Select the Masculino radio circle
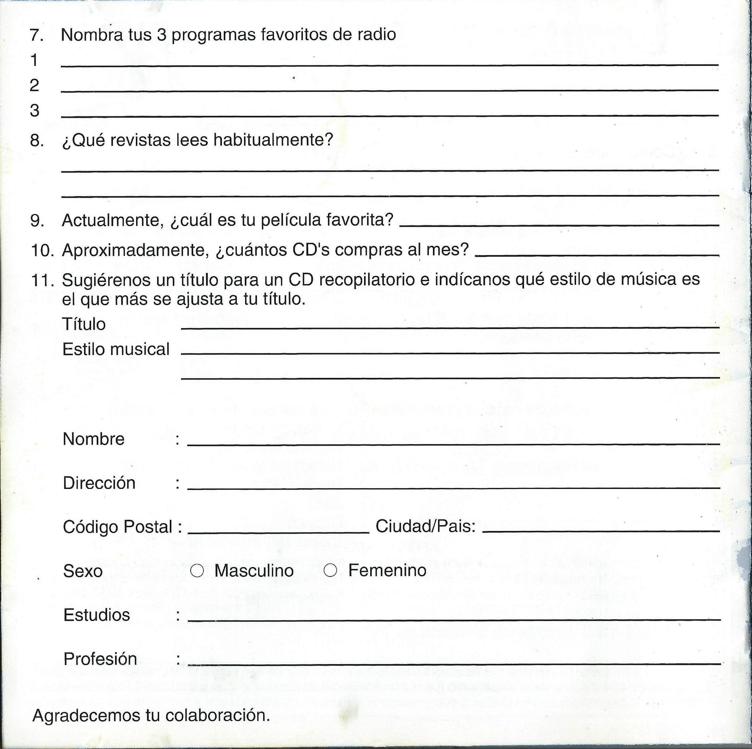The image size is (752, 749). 197,571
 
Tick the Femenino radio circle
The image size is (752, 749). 330,571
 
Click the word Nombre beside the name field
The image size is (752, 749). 93,439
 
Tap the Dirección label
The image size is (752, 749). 99,483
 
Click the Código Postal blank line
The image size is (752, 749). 278,532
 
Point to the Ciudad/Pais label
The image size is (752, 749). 425,527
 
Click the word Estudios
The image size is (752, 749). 96,615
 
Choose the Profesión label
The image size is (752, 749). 100,659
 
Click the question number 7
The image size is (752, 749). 37,35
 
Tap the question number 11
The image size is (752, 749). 42,280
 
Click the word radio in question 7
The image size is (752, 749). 377,35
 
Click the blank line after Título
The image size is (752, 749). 449,328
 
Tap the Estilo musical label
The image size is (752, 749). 116,349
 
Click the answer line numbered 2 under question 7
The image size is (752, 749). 389,90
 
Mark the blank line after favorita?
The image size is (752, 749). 559,225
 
